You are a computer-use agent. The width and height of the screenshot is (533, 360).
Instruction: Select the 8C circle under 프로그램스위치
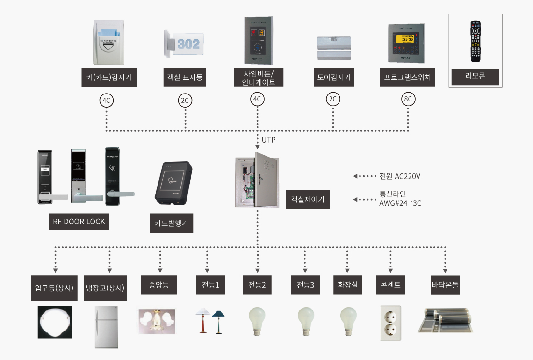tap(407, 100)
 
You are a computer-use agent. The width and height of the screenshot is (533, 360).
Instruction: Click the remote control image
tap(475, 41)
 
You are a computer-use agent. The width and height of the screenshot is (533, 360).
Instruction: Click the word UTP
tap(269, 139)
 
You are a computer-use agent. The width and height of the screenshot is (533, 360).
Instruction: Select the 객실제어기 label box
tap(307, 199)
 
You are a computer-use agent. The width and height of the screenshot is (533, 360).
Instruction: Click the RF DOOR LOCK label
tap(79, 221)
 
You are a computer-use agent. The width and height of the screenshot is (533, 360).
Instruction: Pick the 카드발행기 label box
tap(171, 223)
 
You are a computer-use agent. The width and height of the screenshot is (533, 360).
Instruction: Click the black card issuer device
tap(173, 182)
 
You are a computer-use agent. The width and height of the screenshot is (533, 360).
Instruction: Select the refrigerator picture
tap(106, 327)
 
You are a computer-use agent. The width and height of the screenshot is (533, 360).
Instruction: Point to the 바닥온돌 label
tap(445, 285)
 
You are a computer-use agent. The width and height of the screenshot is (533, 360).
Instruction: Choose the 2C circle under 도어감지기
tap(333, 100)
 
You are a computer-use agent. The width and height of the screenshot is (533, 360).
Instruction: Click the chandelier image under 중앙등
tap(157, 321)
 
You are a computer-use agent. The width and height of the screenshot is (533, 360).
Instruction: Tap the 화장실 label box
tap(347, 285)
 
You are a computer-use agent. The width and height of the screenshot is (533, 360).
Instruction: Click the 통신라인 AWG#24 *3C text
tap(400, 199)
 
